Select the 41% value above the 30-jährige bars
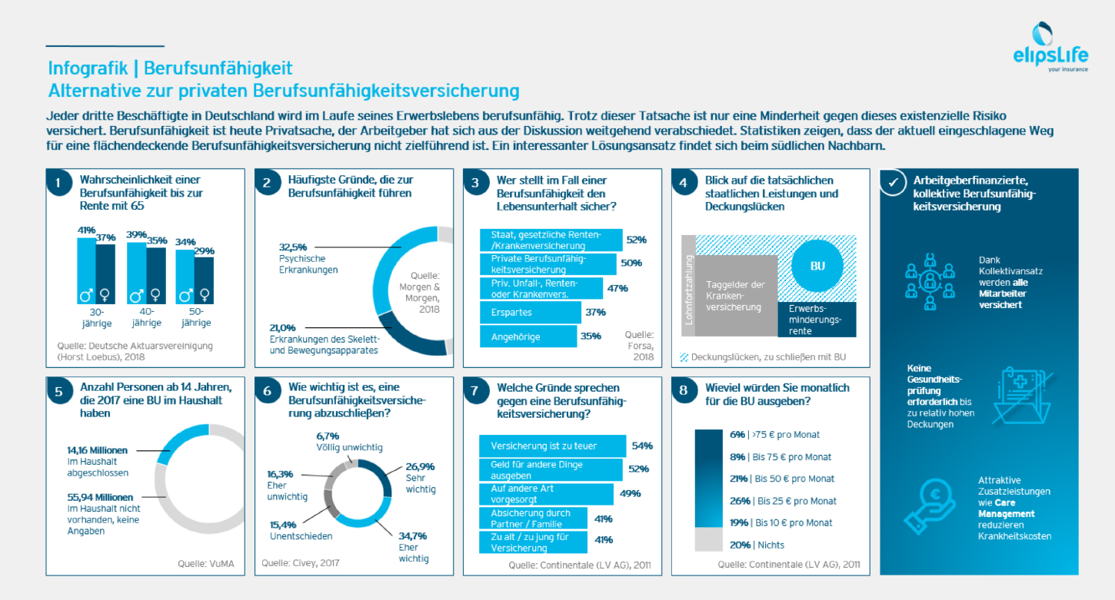pyautogui.click(x=86, y=230)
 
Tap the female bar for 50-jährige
pyautogui.click(x=203, y=280)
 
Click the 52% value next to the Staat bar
pyautogui.click(x=635, y=240)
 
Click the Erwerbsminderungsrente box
pyautogui.click(x=816, y=319)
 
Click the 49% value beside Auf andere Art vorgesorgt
pyautogui.click(x=630, y=493)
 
